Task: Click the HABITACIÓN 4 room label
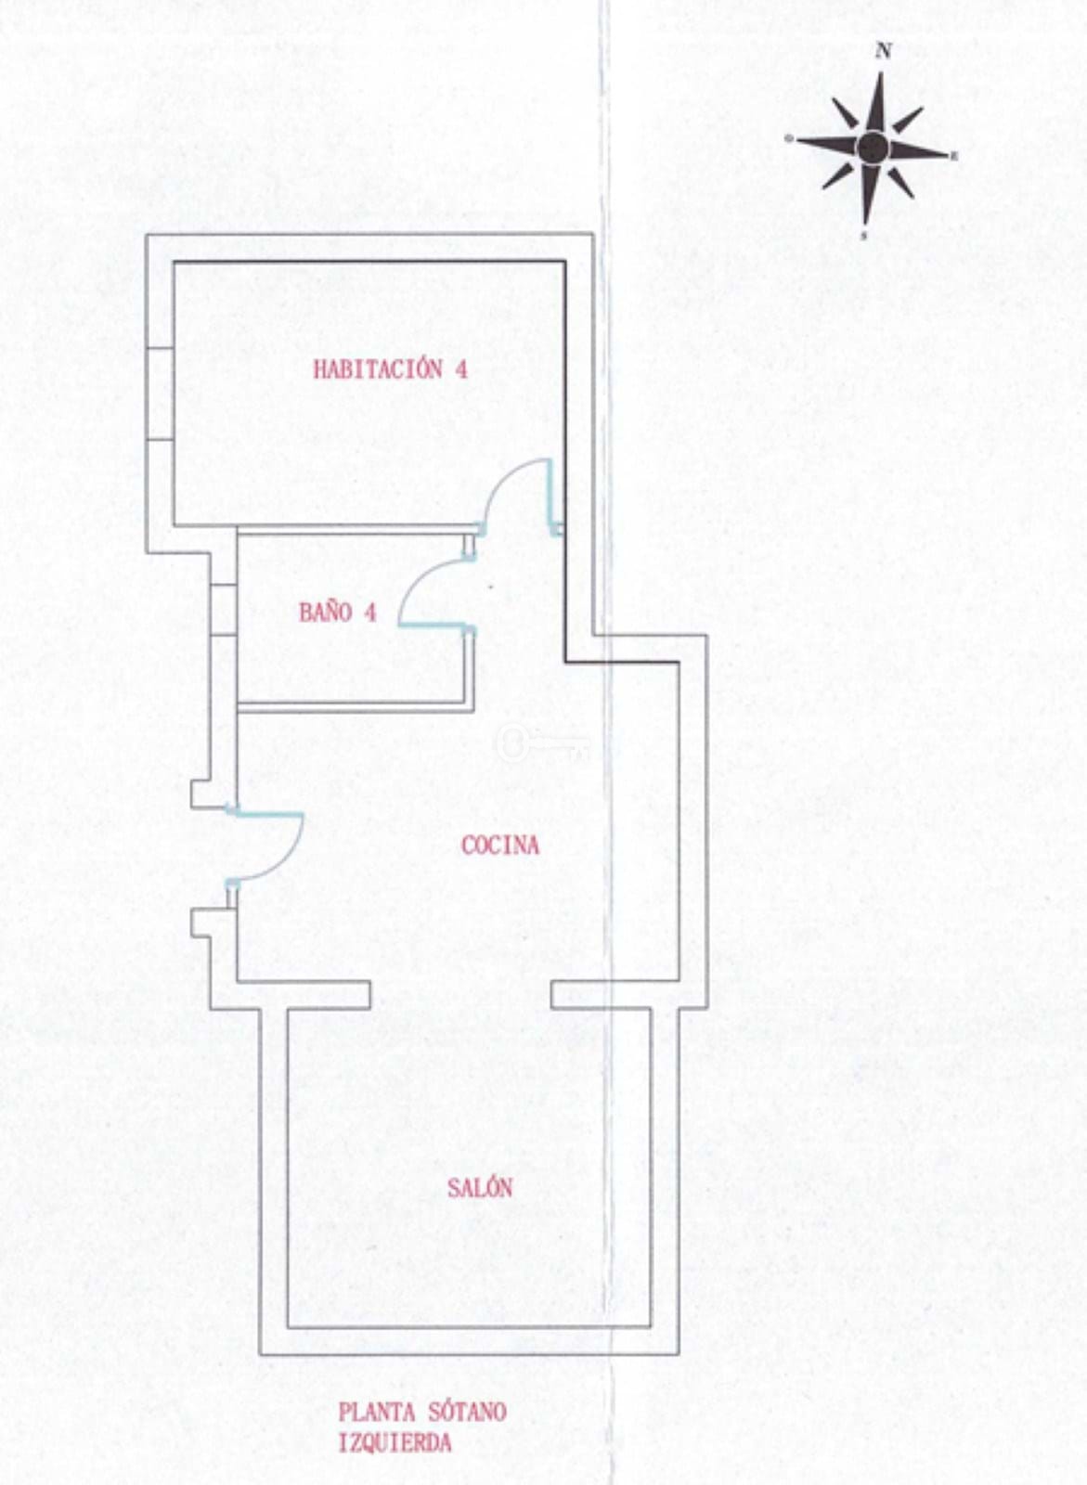coord(390,369)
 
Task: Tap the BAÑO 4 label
coord(338,612)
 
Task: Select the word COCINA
coord(500,846)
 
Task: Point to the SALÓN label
coord(480,1187)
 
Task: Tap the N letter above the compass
coord(883,51)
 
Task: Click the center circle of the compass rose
coord(872,147)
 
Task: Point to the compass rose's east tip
coord(950,157)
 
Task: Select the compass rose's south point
coord(865,225)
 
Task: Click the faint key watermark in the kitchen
coord(541,743)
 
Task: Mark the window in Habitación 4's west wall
coord(160,394)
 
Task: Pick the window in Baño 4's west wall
coord(224,609)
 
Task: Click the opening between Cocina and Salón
coord(461,994)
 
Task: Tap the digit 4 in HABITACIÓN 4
coord(460,369)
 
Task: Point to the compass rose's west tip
coord(788,138)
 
